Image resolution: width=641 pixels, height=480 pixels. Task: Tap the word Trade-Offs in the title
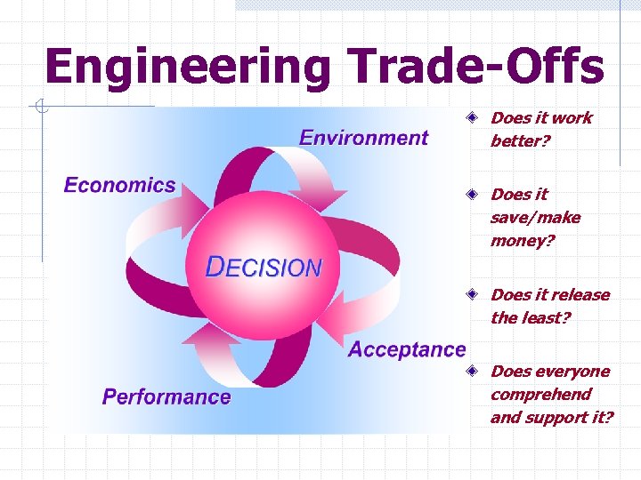tap(476, 66)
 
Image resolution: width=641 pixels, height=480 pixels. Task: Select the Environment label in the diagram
tap(363, 138)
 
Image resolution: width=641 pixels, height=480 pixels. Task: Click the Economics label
tap(119, 185)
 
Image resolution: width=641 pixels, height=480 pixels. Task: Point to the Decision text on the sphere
tap(264, 267)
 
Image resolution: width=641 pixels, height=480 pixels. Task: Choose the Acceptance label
tap(407, 349)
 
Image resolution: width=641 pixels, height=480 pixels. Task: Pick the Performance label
tap(166, 396)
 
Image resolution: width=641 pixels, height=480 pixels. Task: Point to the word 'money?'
tap(522, 241)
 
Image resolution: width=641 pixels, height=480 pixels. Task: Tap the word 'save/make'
tap(535, 218)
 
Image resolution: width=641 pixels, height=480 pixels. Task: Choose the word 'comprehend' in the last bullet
tap(540, 395)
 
